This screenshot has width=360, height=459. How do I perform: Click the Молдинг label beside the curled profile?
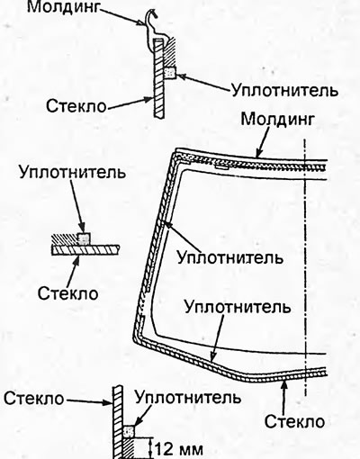pos(63,7)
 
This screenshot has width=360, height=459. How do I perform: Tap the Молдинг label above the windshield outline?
pos(278,120)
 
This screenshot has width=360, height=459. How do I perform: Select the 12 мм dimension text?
pos(179,449)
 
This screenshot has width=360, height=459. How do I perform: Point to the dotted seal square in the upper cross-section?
pos(170,73)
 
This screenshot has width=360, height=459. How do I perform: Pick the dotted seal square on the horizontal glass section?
pos(84,238)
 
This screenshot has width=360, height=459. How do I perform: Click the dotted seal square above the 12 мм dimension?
pos(129,431)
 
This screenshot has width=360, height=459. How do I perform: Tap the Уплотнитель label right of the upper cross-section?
pos(285,90)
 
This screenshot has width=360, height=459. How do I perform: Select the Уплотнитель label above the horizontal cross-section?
pos(72,172)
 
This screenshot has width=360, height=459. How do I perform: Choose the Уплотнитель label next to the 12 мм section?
pos(188,397)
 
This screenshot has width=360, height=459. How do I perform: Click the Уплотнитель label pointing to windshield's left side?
pos(229,257)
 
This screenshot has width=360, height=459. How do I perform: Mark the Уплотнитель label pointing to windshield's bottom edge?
pos(238,307)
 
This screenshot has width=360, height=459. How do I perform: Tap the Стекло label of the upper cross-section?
pos(76,106)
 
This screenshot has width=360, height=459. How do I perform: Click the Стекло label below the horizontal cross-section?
pos(68,293)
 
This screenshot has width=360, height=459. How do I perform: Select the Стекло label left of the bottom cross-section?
pos(34,399)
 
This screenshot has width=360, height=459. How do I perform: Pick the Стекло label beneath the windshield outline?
pos(294,421)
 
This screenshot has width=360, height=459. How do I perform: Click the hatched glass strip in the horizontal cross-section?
pos(86,249)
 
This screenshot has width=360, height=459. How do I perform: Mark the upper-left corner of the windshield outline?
pos(175,151)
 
